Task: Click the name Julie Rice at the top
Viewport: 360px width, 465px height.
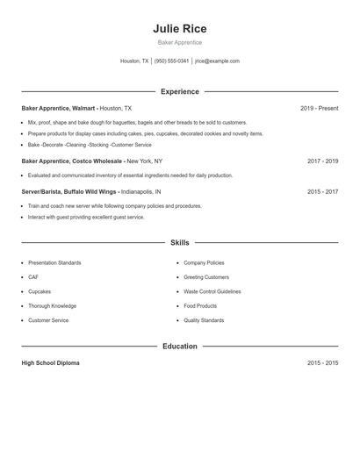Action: (179, 29)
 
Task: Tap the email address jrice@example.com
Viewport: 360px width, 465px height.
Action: (217, 61)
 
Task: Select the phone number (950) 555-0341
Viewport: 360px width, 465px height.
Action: (171, 61)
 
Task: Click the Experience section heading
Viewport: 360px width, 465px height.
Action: (179, 91)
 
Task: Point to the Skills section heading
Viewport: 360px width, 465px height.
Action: (179, 242)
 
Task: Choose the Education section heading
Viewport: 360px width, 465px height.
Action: (179, 347)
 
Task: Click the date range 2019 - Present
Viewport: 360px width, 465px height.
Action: (319, 108)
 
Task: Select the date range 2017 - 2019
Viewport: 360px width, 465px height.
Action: (322, 161)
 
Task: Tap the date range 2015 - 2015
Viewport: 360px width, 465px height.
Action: (322, 363)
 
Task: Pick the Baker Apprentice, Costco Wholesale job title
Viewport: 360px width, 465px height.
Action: (72, 161)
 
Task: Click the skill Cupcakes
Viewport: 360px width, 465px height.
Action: (40, 291)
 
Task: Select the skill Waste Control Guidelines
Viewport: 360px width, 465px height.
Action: (212, 291)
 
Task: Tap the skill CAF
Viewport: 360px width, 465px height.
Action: (33, 277)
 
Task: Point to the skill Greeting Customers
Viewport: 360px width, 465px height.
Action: (206, 277)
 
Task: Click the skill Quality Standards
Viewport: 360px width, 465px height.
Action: (204, 320)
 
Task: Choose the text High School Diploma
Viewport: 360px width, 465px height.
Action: (50, 363)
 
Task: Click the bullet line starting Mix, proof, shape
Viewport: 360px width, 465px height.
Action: (137, 123)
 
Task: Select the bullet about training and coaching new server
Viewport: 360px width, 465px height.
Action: (114, 206)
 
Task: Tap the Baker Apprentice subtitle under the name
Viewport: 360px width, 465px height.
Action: (179, 42)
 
